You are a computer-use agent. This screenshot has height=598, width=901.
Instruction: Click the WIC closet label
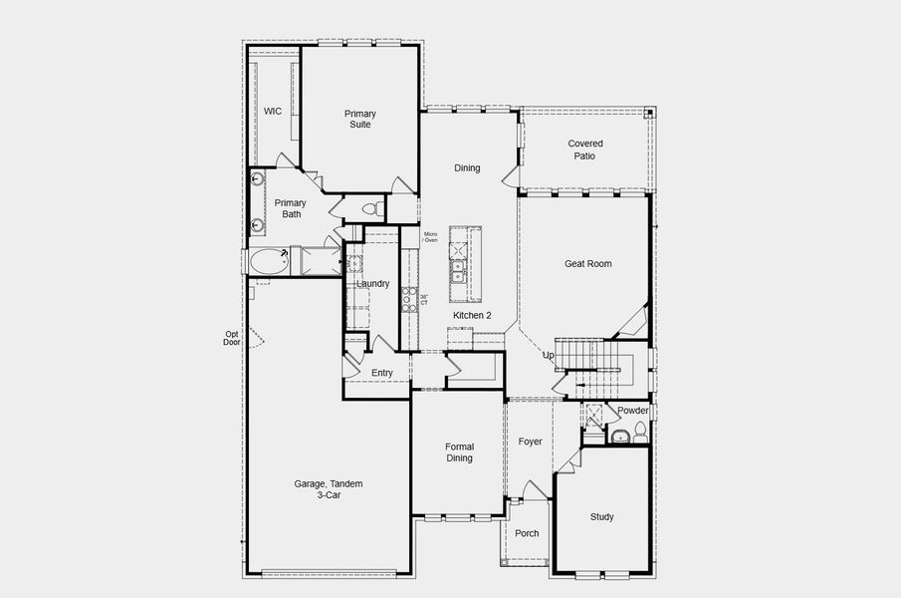point(273,112)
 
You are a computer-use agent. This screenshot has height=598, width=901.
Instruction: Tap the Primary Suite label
point(360,120)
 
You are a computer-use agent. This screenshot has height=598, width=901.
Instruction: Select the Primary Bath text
point(291,208)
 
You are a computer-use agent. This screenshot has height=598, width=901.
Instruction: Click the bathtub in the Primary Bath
point(268,262)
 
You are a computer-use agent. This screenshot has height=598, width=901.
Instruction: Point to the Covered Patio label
point(585,149)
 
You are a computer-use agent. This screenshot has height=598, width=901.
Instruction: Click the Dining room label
point(467,168)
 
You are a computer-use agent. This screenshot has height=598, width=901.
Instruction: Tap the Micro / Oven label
point(430,237)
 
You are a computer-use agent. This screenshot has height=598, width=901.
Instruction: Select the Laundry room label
point(372,284)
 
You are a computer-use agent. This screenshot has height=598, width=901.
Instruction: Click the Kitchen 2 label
point(472,316)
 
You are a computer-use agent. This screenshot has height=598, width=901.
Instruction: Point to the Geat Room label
point(587,264)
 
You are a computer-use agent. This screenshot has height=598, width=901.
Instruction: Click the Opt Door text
point(232,338)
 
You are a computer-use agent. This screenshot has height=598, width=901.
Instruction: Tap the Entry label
point(382,374)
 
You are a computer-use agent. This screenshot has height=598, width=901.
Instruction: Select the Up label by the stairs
point(548,356)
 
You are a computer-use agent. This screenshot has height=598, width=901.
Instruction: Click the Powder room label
point(632,411)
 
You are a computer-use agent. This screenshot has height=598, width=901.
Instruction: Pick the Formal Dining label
point(458,452)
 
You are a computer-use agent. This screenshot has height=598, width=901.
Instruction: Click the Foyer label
point(530,442)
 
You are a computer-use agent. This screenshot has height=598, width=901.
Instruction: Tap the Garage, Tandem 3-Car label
point(328,489)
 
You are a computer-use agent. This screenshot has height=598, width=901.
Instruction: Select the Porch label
point(527,533)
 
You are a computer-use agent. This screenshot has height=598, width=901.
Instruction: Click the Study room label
point(601,517)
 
